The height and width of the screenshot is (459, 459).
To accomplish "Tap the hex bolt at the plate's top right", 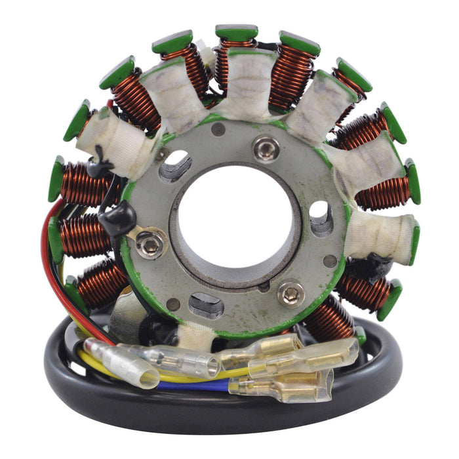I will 266,149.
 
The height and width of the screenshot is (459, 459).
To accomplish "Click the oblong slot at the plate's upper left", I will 176,165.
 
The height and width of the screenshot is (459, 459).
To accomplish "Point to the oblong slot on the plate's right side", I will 321,218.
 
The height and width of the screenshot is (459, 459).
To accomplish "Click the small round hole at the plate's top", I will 219,130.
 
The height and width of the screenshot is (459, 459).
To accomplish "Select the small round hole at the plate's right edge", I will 330,260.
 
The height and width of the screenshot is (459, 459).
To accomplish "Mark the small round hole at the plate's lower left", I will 173,304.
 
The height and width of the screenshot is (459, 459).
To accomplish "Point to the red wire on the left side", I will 47,249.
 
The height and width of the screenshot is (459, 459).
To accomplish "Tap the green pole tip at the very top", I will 237,32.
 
